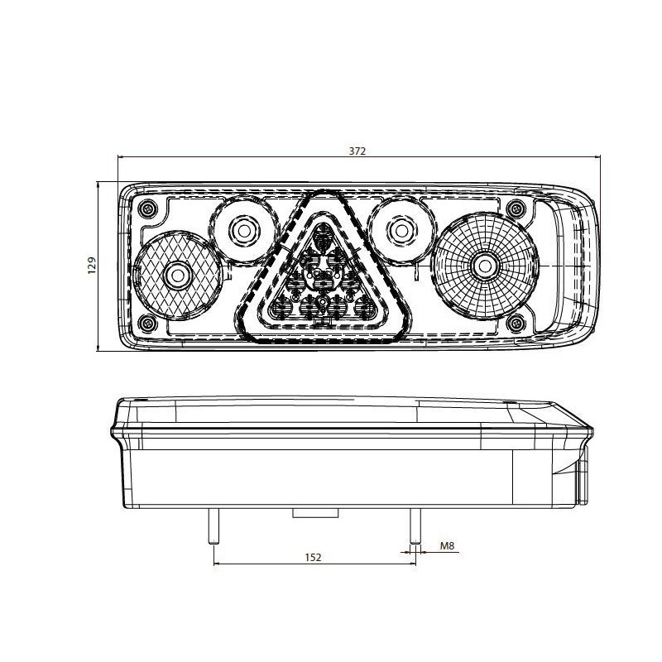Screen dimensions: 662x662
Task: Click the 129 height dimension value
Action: tap(93, 265)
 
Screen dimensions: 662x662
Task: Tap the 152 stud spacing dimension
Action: tap(313, 557)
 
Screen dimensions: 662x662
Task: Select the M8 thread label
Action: tap(448, 546)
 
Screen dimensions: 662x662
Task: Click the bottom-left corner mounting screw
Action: tap(146, 322)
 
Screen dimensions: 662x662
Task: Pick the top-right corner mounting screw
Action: tap(516, 207)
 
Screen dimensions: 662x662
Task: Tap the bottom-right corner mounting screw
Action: tap(516, 322)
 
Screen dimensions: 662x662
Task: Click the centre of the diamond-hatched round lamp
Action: tap(175, 275)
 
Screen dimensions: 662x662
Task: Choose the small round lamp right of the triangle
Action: tap(401, 228)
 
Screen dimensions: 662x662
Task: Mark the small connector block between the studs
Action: tap(314, 514)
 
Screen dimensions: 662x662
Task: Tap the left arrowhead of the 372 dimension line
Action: tap(122, 158)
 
